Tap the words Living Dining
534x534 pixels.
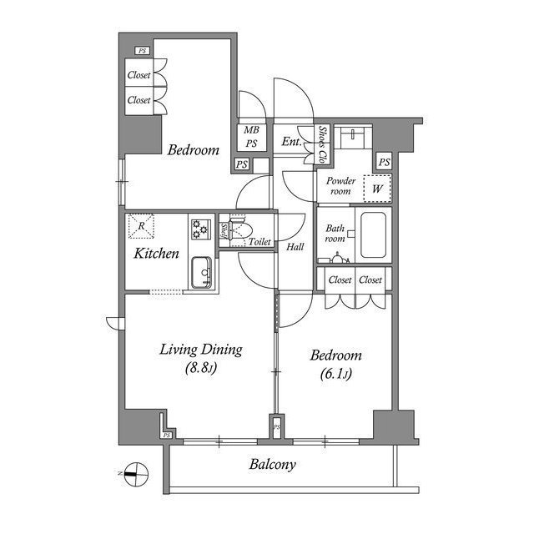coord(201,350)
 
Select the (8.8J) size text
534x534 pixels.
coord(201,368)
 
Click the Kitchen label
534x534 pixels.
coord(156,252)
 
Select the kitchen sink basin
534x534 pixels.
coord(201,272)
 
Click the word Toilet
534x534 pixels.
coord(259,241)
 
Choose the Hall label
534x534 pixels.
coord(295,247)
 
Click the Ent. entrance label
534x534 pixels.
coord(291,142)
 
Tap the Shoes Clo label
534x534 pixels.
coord(323,144)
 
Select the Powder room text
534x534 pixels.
coord(340,186)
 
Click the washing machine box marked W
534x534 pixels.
coord(377,189)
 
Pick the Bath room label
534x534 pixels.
coord(335,233)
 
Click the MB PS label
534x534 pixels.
coord(250,136)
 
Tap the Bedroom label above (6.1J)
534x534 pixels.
coord(335,355)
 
